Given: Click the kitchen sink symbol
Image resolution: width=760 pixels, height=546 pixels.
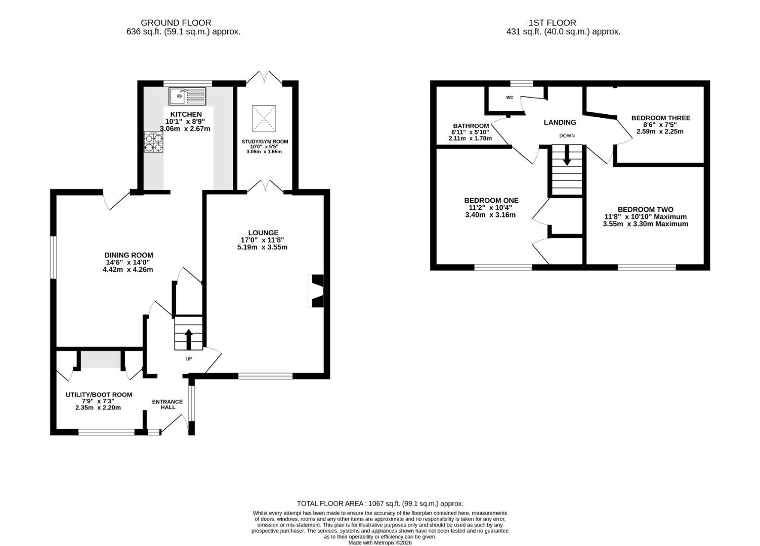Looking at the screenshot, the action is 187,96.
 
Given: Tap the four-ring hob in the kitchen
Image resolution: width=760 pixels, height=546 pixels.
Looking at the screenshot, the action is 153,142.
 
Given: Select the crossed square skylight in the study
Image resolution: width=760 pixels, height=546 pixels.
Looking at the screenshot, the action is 264,118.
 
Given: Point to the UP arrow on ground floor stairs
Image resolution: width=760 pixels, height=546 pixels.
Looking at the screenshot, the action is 189,339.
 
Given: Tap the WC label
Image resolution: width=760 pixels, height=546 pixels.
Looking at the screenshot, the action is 510,98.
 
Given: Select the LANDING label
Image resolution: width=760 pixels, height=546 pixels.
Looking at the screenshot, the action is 560,122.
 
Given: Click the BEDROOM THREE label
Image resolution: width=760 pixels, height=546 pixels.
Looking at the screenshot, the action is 661,118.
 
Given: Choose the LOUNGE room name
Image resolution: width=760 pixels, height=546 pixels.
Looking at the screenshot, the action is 263,233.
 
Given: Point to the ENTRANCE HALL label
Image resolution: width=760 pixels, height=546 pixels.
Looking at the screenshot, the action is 167,404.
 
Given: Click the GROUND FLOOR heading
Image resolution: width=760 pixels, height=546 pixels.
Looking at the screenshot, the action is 176,23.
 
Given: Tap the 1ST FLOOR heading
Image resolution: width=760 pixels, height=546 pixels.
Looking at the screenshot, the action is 553,23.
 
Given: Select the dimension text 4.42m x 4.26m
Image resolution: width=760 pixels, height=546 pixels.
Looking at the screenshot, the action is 128,270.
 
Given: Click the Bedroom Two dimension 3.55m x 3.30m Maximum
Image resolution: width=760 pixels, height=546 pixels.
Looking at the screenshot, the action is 645,224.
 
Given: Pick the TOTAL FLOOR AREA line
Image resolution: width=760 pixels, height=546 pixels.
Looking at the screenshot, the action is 380,504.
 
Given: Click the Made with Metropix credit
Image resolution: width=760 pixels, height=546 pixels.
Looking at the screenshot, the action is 380,542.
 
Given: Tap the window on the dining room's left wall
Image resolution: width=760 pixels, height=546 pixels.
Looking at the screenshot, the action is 53,257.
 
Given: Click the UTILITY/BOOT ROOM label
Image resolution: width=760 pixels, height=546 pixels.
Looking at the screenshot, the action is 99,394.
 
